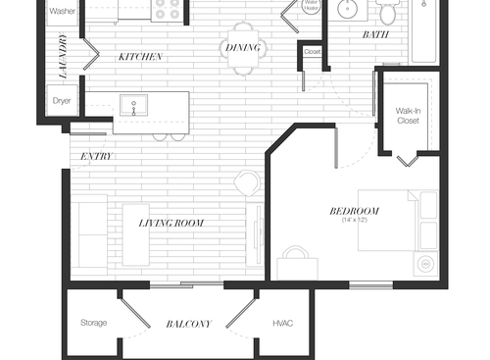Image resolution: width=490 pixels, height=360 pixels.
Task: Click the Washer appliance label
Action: pos(62,12)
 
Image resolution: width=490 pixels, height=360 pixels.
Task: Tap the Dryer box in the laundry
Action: pos(61,100)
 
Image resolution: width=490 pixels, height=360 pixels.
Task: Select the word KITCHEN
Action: pos(140,57)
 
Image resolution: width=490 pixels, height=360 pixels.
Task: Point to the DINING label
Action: pos(242,46)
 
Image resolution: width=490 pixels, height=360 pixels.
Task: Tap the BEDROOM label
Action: pos(354,211)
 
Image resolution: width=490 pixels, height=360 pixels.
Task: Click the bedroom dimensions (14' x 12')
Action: pos(354,221)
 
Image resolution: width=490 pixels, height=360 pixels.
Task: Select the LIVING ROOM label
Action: pos(171,224)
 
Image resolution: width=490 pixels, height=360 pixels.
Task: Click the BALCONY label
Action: pos(188,324)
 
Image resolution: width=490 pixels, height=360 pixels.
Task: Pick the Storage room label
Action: pos(94,323)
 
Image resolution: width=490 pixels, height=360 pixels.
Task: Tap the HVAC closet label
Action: pos(282,323)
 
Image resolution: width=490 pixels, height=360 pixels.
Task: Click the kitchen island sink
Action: pos(132,104)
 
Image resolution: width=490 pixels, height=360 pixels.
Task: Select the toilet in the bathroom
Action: pos(388,13)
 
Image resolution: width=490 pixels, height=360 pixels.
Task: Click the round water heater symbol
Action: pos(311,7)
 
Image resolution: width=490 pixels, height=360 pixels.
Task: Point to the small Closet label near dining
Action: pos(313,52)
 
